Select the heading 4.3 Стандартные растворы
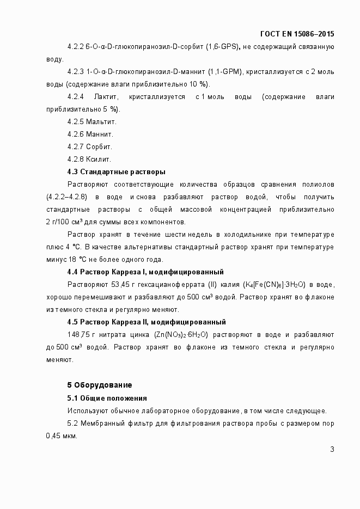[116, 172]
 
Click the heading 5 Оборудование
[99, 385]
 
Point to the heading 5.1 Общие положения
[107, 398]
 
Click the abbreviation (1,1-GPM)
[226, 72]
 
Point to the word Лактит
[106, 97]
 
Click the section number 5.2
[74, 424]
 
